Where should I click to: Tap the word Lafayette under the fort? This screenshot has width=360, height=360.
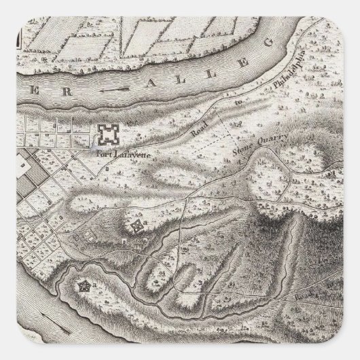(125, 154)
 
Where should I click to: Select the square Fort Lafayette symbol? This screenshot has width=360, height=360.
(107, 134)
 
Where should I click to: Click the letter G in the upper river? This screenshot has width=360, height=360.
(266, 45)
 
